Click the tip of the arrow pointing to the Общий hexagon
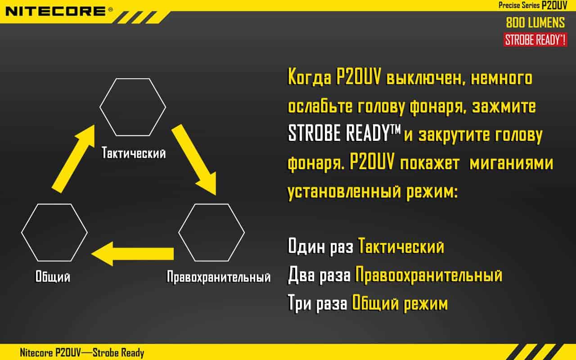(x=91, y=254)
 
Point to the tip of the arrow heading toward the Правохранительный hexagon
(x=216, y=195)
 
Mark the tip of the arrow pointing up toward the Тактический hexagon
(x=94, y=125)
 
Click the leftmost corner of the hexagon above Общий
(x=21, y=233)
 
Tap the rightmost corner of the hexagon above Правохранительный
(x=244, y=233)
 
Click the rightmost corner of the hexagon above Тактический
(x=166, y=107)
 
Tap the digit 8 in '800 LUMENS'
(x=510, y=22)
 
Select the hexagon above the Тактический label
(x=133, y=107)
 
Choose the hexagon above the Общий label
(x=54, y=233)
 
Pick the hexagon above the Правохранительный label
(x=211, y=233)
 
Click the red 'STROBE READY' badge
(x=535, y=40)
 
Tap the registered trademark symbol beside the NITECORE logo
(x=110, y=10)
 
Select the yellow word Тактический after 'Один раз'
(x=401, y=246)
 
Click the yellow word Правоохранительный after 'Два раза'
(x=429, y=275)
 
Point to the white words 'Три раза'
(x=318, y=303)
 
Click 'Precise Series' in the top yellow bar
(x=519, y=5)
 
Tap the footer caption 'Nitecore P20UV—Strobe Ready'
(x=82, y=353)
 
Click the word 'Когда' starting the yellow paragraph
(x=309, y=77)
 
